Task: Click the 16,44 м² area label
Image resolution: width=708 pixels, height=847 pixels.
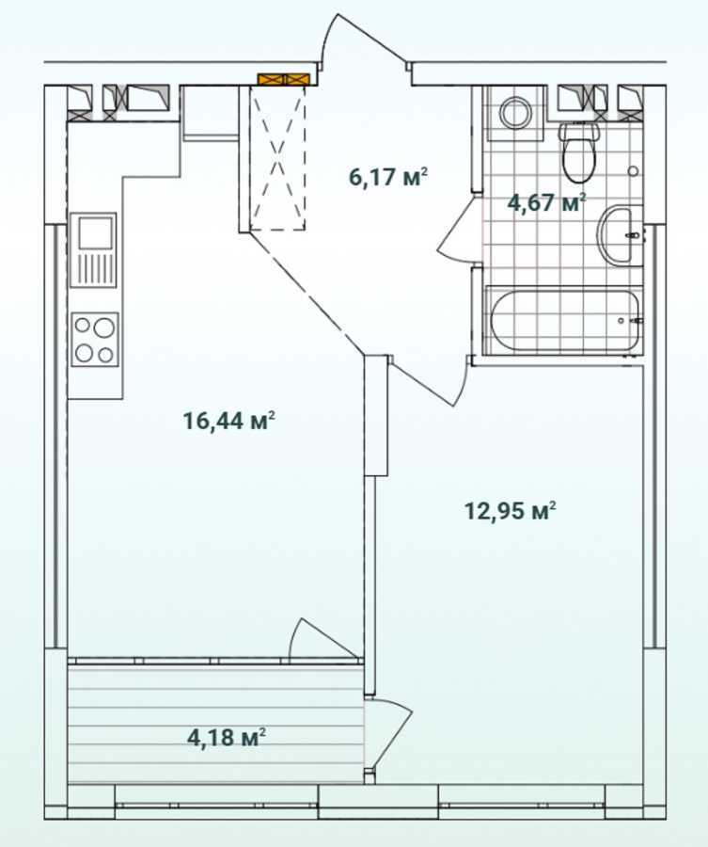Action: (x=228, y=421)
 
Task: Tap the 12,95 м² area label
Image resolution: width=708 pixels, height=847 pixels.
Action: (x=511, y=511)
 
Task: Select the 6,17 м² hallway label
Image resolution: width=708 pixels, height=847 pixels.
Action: (x=388, y=176)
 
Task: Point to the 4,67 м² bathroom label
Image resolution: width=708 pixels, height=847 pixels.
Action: (x=546, y=201)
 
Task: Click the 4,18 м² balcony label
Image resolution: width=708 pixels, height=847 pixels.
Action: (x=227, y=736)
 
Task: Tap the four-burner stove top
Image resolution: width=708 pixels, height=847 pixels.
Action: (x=94, y=339)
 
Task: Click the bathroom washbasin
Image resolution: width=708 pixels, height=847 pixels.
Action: (x=621, y=235)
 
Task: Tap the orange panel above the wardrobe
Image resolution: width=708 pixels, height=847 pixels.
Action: (x=283, y=80)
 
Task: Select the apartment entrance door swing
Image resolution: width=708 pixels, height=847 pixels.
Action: (x=348, y=42)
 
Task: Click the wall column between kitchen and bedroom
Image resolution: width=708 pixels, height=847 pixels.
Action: (x=377, y=414)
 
